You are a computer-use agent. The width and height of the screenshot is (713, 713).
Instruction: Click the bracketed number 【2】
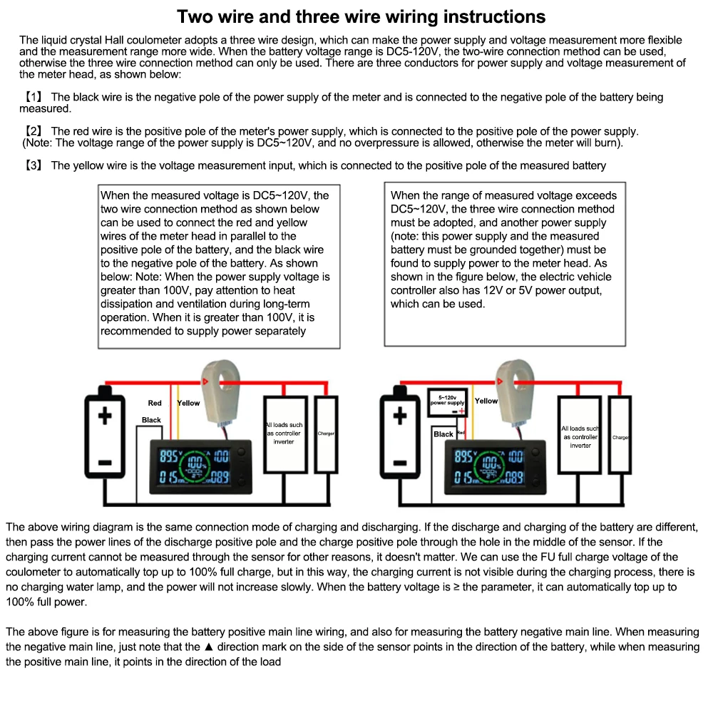(34, 131)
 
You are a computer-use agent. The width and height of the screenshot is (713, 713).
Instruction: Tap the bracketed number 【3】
(34, 165)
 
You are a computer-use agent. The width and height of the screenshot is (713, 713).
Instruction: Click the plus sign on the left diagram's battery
(106, 414)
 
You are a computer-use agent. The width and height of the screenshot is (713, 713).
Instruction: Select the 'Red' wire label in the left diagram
(155, 404)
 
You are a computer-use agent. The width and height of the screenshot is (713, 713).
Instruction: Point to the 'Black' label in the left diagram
(151, 420)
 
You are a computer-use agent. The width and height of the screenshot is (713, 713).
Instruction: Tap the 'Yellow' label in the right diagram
(486, 401)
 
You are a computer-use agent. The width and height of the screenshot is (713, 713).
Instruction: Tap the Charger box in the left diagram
(326, 434)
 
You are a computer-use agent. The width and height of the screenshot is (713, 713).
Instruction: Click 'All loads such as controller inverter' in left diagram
(284, 434)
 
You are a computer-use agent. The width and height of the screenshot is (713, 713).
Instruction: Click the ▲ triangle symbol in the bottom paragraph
(209, 647)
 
